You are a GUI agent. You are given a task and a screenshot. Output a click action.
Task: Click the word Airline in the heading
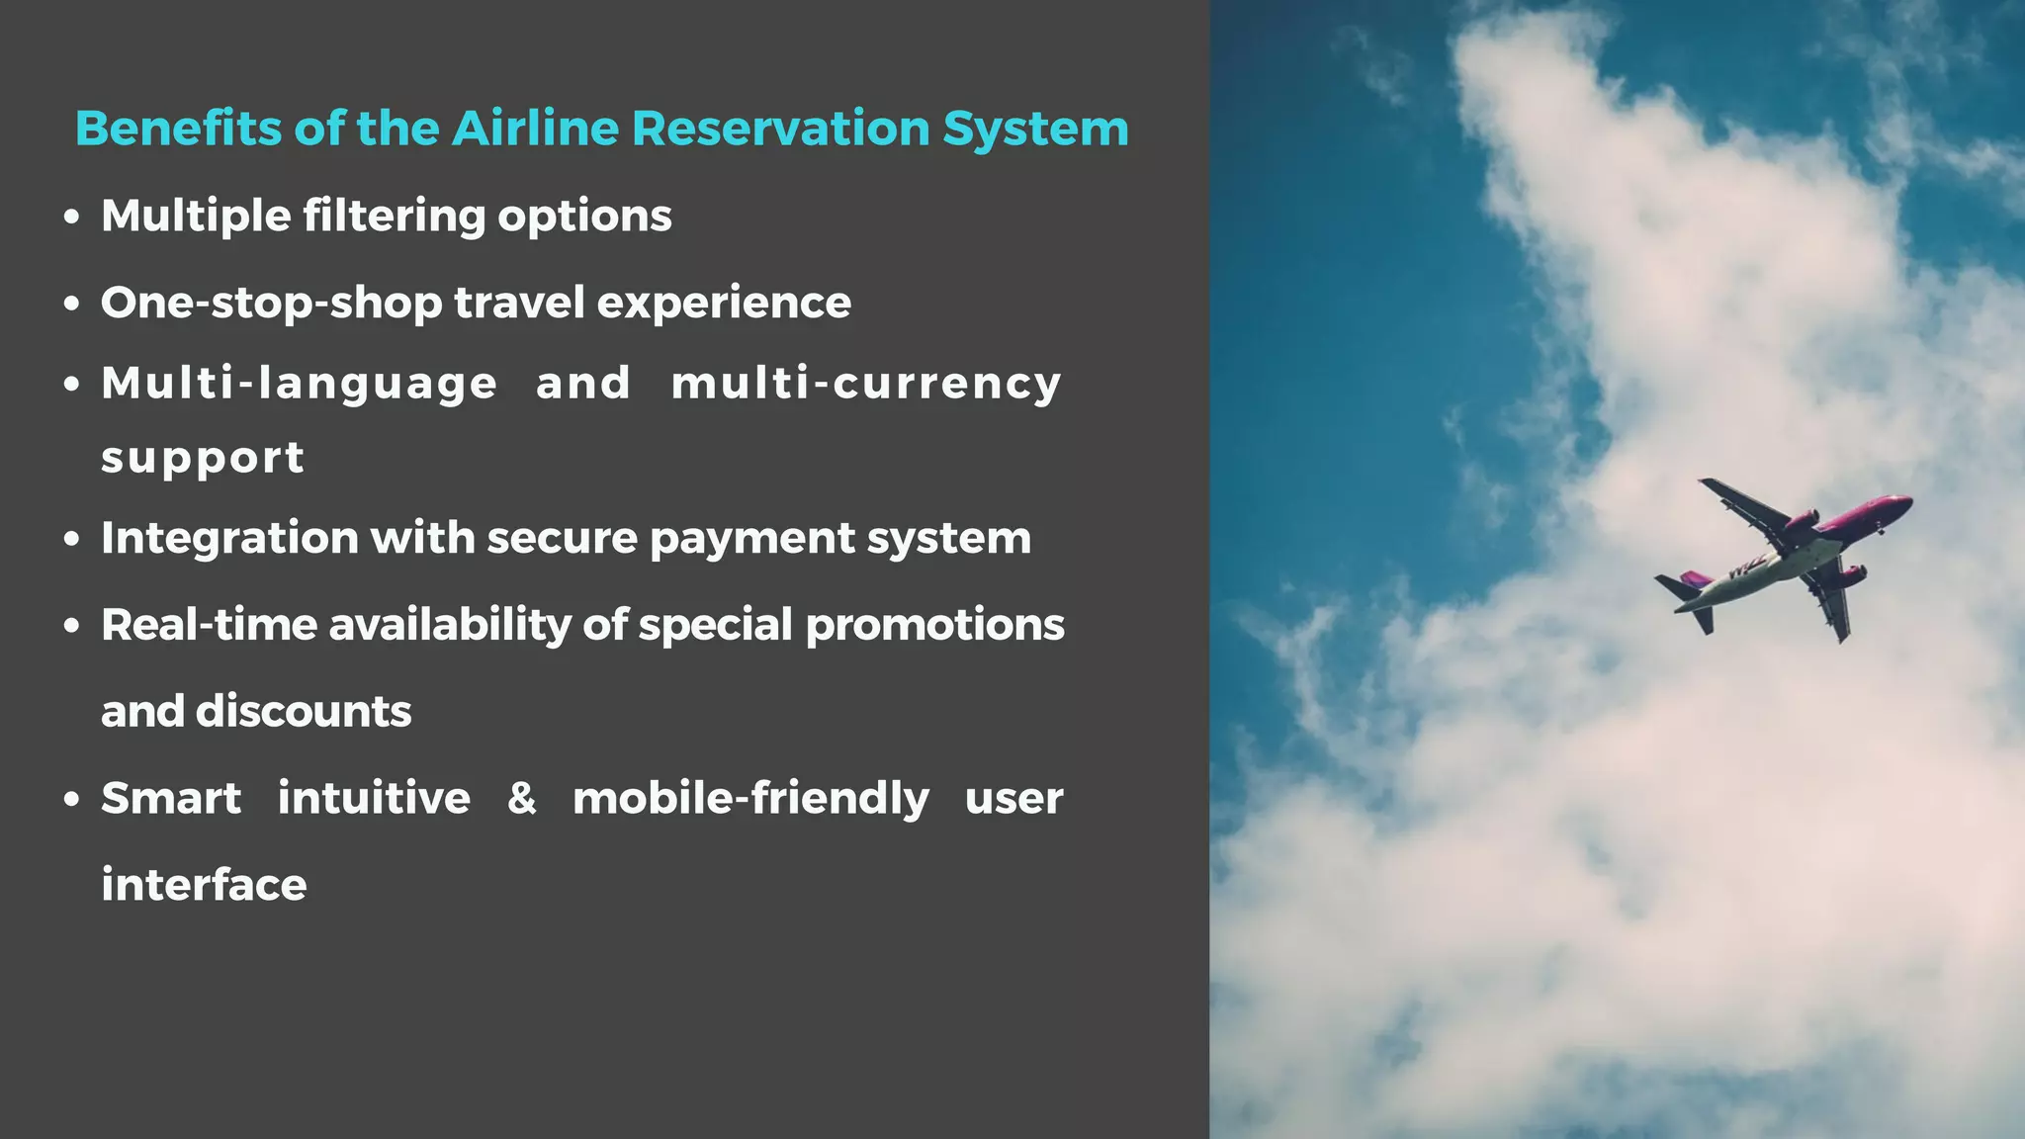click(x=537, y=129)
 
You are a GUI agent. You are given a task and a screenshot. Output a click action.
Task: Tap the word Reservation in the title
click(x=780, y=129)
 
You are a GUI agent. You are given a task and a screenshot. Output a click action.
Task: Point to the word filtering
click(x=394, y=217)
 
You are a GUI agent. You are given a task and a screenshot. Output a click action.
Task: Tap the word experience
click(x=723, y=304)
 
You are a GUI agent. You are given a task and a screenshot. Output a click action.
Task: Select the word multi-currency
click(x=866, y=384)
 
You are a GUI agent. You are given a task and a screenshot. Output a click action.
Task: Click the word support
click(x=203, y=459)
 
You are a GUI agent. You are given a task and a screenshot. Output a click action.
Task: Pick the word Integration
click(x=229, y=539)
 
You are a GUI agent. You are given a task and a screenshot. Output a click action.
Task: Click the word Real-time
click(x=209, y=625)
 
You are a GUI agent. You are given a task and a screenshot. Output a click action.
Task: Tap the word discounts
click(x=303, y=712)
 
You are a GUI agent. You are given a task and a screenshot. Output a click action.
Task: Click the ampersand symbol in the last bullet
click(x=521, y=798)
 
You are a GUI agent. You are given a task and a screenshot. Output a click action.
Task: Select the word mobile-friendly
click(x=750, y=799)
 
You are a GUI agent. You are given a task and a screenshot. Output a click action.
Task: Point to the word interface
click(x=204, y=885)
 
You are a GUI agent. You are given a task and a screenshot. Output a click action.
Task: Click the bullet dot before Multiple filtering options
click(x=71, y=218)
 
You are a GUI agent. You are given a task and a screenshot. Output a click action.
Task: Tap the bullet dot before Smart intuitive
click(x=71, y=799)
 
